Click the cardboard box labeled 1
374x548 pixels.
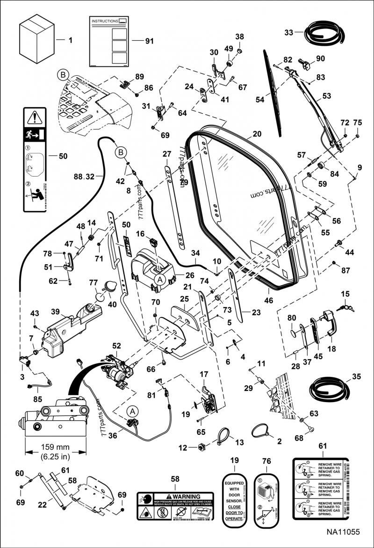click(36, 40)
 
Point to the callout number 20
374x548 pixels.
click(257, 133)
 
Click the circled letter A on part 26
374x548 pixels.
click(159, 279)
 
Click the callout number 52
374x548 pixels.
click(116, 346)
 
